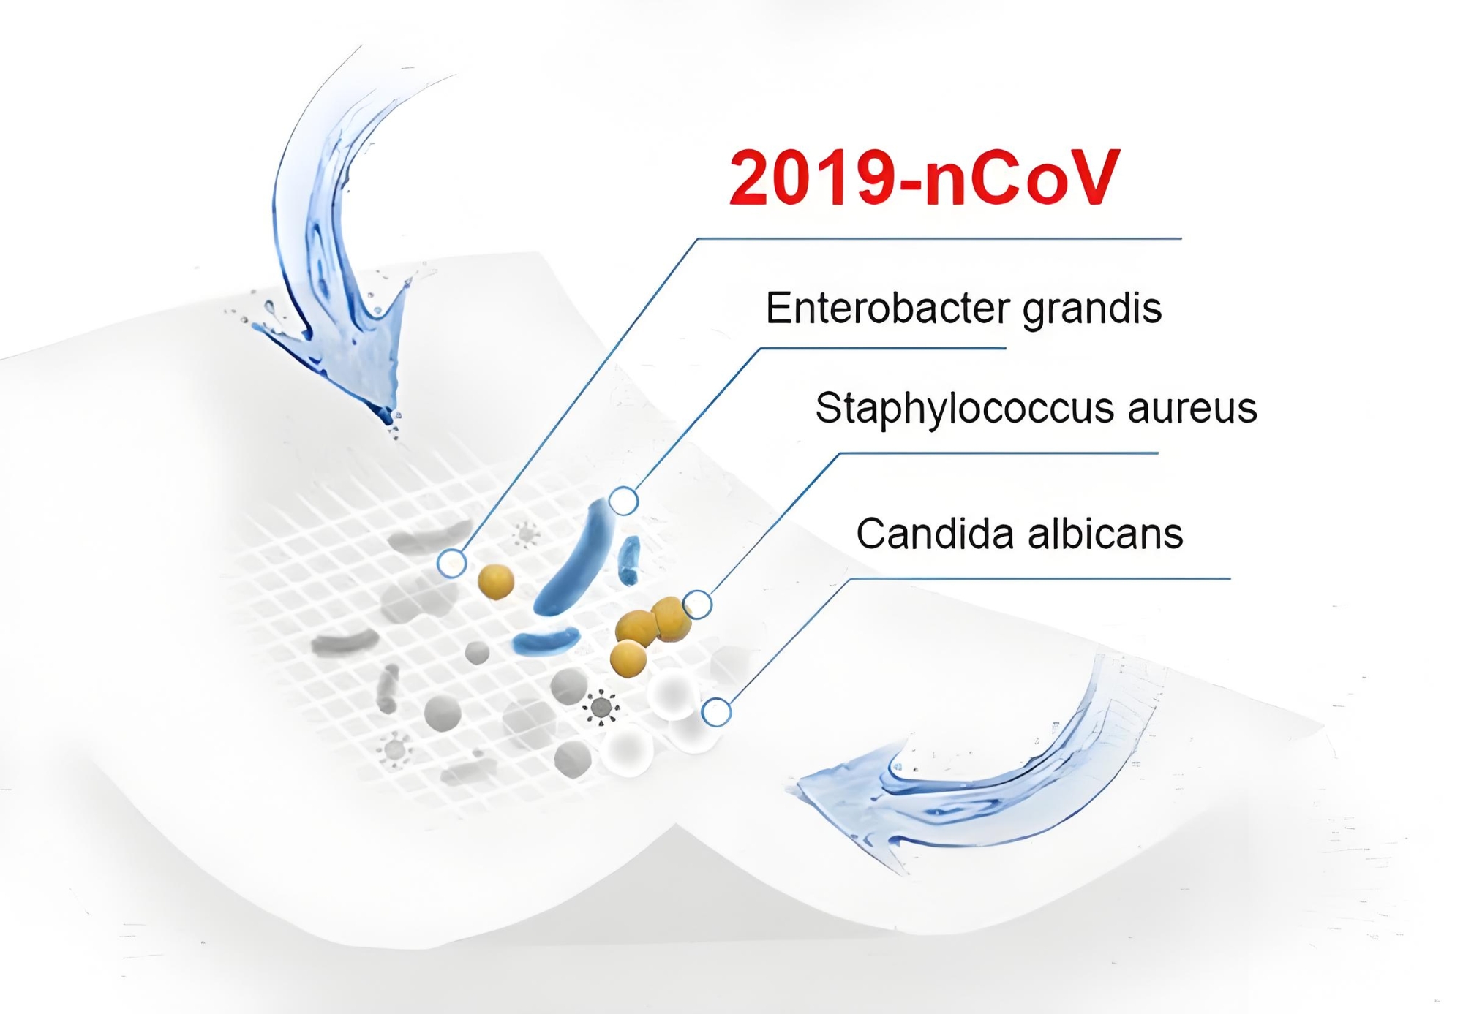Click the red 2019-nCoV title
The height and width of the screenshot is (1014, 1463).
click(x=925, y=178)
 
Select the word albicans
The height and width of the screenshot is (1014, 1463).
click(x=1106, y=534)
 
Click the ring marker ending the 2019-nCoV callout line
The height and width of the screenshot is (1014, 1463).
click(x=452, y=563)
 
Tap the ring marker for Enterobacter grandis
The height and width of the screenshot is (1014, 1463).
click(x=623, y=501)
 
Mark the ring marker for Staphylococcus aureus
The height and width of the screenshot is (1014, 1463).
click(x=697, y=605)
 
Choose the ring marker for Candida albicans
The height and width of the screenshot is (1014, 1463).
click(x=716, y=711)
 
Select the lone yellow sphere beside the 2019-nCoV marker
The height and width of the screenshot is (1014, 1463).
click(x=496, y=582)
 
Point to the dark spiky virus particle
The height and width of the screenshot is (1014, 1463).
click(x=601, y=708)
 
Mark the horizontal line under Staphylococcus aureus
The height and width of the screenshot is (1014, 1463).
click(x=998, y=453)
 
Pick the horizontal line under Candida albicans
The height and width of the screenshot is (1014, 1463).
click(x=1040, y=579)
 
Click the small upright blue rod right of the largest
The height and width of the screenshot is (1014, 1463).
click(x=629, y=560)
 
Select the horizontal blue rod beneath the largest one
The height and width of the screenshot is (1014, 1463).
click(x=546, y=641)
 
